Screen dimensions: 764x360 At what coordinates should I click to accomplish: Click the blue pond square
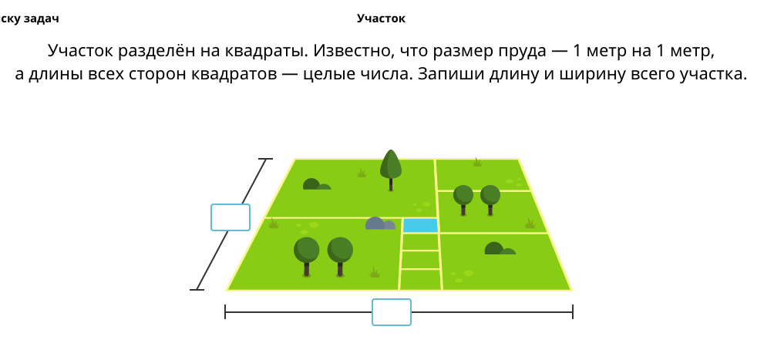[420, 226]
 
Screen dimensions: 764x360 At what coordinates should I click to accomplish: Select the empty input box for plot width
[392, 312]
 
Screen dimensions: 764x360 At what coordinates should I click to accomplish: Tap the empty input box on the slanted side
[231, 217]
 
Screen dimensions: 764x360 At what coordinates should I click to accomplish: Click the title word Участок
[381, 19]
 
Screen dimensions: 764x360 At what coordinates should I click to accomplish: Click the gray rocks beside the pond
[380, 224]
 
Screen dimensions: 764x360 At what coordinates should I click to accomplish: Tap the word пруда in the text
[523, 52]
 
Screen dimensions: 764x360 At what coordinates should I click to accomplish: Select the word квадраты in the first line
[267, 51]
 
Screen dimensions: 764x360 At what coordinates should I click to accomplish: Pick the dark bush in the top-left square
[317, 184]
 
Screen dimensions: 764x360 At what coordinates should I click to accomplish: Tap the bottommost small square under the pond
[420, 280]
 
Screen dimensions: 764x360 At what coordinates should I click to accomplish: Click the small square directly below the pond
[420, 242]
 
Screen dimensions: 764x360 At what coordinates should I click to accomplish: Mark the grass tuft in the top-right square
[477, 162]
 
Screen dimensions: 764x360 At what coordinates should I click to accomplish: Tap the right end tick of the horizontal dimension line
[573, 311]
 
